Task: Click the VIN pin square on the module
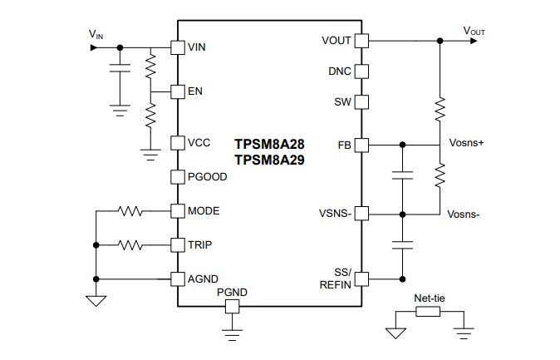177,47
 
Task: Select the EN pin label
195,91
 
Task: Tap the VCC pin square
177,143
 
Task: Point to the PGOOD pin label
208,176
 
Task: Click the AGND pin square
177,279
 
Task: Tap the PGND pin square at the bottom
232,307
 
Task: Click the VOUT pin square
361,40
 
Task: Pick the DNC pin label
339,72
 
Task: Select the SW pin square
361,102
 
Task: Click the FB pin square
361,145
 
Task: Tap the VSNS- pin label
333,214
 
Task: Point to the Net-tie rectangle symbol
427,313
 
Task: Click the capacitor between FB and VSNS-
402,177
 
